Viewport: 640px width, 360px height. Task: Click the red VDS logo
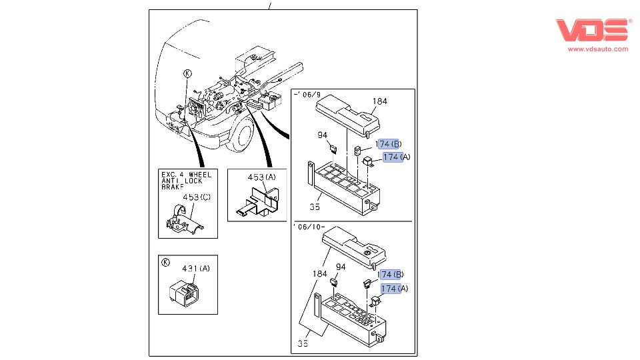pos(593,30)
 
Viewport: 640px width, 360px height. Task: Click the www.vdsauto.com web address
pos(598,49)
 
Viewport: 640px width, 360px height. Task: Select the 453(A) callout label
pos(261,177)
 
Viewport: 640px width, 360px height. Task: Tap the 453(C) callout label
pos(197,197)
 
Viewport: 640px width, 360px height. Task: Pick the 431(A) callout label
pos(196,268)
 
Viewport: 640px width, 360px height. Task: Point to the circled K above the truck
pos(187,73)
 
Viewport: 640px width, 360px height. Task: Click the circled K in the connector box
pos(165,263)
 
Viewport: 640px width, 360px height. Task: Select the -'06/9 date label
pos(307,94)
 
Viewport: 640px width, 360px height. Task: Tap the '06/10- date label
pos(309,227)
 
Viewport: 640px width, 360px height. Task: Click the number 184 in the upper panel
pos(379,101)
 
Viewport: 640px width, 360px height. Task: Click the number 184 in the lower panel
pos(319,273)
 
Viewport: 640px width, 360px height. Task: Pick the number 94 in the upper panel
pos(323,135)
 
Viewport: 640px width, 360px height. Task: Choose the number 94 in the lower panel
pos(341,267)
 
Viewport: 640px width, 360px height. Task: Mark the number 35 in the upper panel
pos(315,207)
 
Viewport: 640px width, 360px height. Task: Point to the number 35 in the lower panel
pos(303,343)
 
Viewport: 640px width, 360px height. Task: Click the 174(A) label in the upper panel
pos(396,157)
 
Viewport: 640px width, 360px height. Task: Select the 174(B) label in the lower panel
pos(391,274)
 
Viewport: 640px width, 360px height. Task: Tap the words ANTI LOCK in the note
pos(182,181)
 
